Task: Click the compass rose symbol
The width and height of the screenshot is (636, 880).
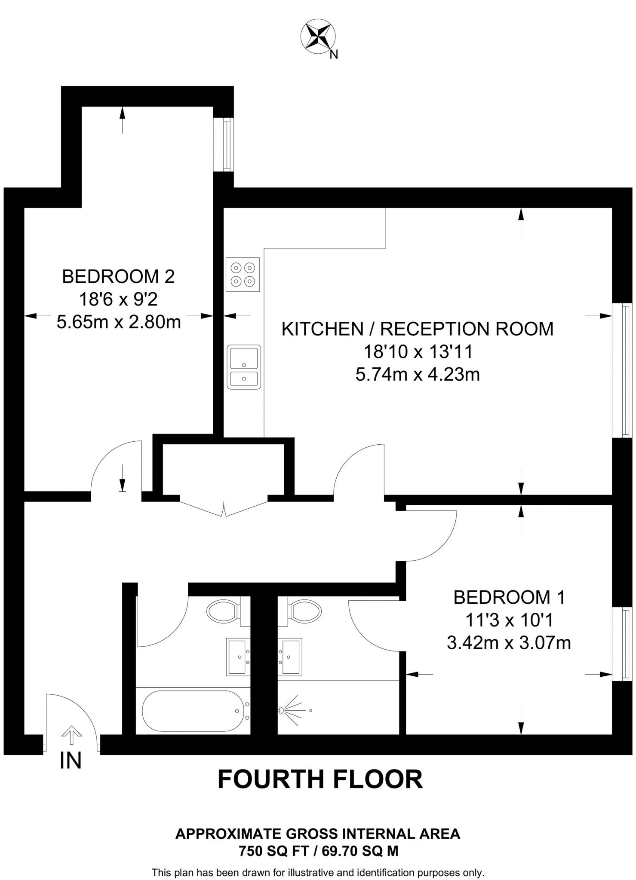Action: click(x=318, y=37)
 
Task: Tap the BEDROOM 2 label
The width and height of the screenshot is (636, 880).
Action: click(x=118, y=276)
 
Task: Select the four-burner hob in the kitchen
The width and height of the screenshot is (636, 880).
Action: click(x=243, y=275)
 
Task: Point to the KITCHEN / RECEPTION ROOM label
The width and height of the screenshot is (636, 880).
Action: click(x=417, y=329)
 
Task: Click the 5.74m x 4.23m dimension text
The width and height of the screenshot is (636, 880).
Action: click(x=417, y=375)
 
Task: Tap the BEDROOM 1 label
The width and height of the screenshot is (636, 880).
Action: click(x=509, y=597)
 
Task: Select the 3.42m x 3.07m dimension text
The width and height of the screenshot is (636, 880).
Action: click(x=509, y=643)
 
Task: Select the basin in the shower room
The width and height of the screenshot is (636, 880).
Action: click(x=290, y=657)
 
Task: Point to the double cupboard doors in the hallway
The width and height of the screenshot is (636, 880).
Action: click(x=224, y=508)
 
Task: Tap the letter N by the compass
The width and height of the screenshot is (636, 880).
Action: click(x=334, y=55)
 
